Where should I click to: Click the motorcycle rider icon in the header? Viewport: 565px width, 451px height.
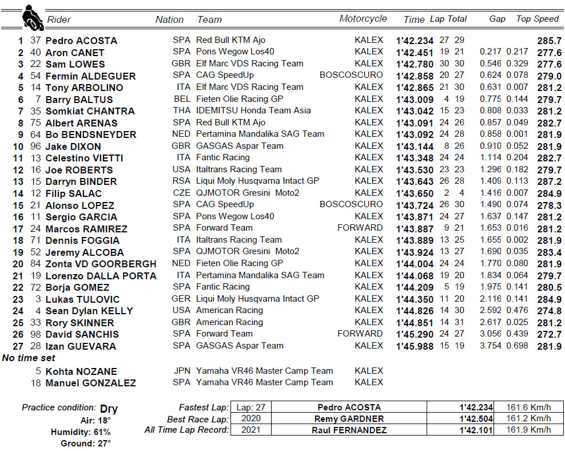[x=33, y=18]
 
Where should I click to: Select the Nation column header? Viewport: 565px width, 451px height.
[x=169, y=19]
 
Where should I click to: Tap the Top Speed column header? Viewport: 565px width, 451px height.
[x=537, y=19]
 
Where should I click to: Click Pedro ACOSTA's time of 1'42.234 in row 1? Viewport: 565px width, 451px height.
[x=415, y=41]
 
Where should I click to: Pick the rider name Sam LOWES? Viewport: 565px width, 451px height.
[x=75, y=64]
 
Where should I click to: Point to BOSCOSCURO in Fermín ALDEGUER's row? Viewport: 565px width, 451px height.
[x=351, y=75]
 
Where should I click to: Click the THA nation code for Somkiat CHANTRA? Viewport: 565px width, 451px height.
[x=181, y=110]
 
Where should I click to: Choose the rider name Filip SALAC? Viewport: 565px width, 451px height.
[x=73, y=193]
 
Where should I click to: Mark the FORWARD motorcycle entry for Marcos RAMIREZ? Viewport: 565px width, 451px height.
[x=360, y=228]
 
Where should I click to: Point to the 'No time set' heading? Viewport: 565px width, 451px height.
[x=30, y=358]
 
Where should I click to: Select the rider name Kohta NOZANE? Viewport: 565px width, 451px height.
[x=81, y=371]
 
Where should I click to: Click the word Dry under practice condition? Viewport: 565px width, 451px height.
[x=109, y=409]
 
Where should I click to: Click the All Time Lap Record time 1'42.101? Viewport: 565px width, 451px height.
[x=475, y=430]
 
